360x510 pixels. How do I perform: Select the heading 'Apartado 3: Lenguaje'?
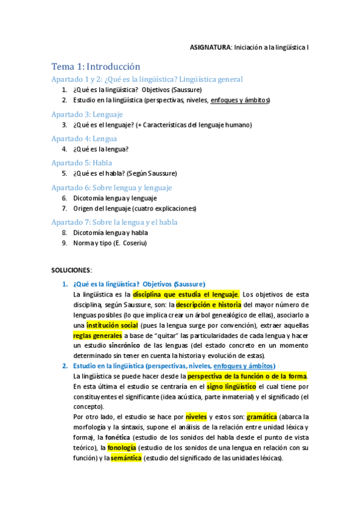pos(87,114)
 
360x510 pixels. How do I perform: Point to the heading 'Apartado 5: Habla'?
pos(82,162)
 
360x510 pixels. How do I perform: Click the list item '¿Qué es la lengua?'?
pos(101,149)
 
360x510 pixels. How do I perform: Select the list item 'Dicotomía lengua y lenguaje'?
pos(115,198)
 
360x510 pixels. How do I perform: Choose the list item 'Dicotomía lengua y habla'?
pos(110,232)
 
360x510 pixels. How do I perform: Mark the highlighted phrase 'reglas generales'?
pos(97,336)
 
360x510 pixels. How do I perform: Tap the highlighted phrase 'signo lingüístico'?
pos(231,386)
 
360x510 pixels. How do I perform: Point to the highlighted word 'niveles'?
pos(196,416)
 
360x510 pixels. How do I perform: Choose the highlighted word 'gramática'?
pos(261,416)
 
